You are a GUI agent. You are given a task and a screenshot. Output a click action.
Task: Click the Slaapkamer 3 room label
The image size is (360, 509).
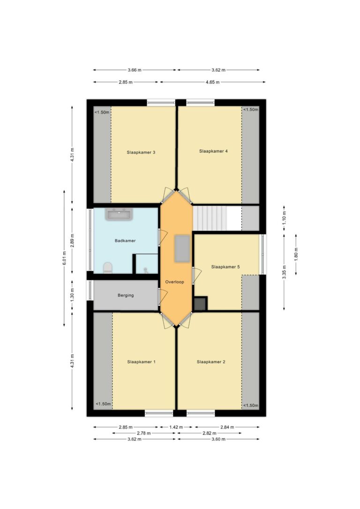click(141, 152)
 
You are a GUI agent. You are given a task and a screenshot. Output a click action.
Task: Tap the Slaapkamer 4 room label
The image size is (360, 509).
click(213, 151)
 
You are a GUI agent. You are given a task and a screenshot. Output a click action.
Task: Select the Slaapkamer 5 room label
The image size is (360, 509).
click(225, 267)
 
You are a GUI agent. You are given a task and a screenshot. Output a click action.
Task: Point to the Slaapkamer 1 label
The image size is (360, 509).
click(141, 362)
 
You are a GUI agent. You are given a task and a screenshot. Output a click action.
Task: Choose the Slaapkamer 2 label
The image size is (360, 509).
click(211, 362)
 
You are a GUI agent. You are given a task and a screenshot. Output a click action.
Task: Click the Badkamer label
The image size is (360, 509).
click(125, 240)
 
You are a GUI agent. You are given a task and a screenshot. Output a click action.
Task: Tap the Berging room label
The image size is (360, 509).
click(126, 295)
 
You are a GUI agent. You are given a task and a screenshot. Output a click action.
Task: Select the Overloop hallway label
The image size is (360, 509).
click(175, 282)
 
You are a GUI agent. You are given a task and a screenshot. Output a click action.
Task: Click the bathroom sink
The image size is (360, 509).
click(119, 214)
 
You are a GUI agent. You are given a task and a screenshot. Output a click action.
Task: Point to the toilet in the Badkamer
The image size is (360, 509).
click(107, 268)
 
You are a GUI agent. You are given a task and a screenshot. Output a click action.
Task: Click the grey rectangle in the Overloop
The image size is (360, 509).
click(182, 249)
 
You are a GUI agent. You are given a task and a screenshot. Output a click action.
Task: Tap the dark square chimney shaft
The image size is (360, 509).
click(200, 304)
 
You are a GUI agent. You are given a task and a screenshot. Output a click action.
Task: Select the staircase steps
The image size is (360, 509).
click(210, 218)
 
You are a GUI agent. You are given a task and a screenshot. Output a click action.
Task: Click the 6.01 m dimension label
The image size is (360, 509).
click(64, 258)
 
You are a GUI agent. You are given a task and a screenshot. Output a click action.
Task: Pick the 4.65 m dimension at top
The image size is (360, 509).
click(213, 82)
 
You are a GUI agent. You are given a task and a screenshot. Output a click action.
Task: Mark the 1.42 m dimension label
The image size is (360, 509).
click(176, 427)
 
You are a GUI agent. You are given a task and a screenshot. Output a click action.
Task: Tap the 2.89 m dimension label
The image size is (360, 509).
click(72, 240)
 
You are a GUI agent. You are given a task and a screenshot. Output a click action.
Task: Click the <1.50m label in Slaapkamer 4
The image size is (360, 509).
click(251, 110)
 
